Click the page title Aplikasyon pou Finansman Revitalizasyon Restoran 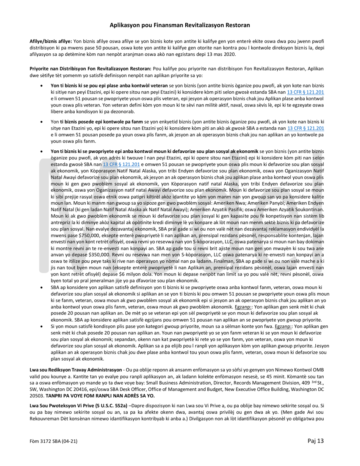(180, 25)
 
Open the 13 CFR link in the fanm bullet (306, 128)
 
